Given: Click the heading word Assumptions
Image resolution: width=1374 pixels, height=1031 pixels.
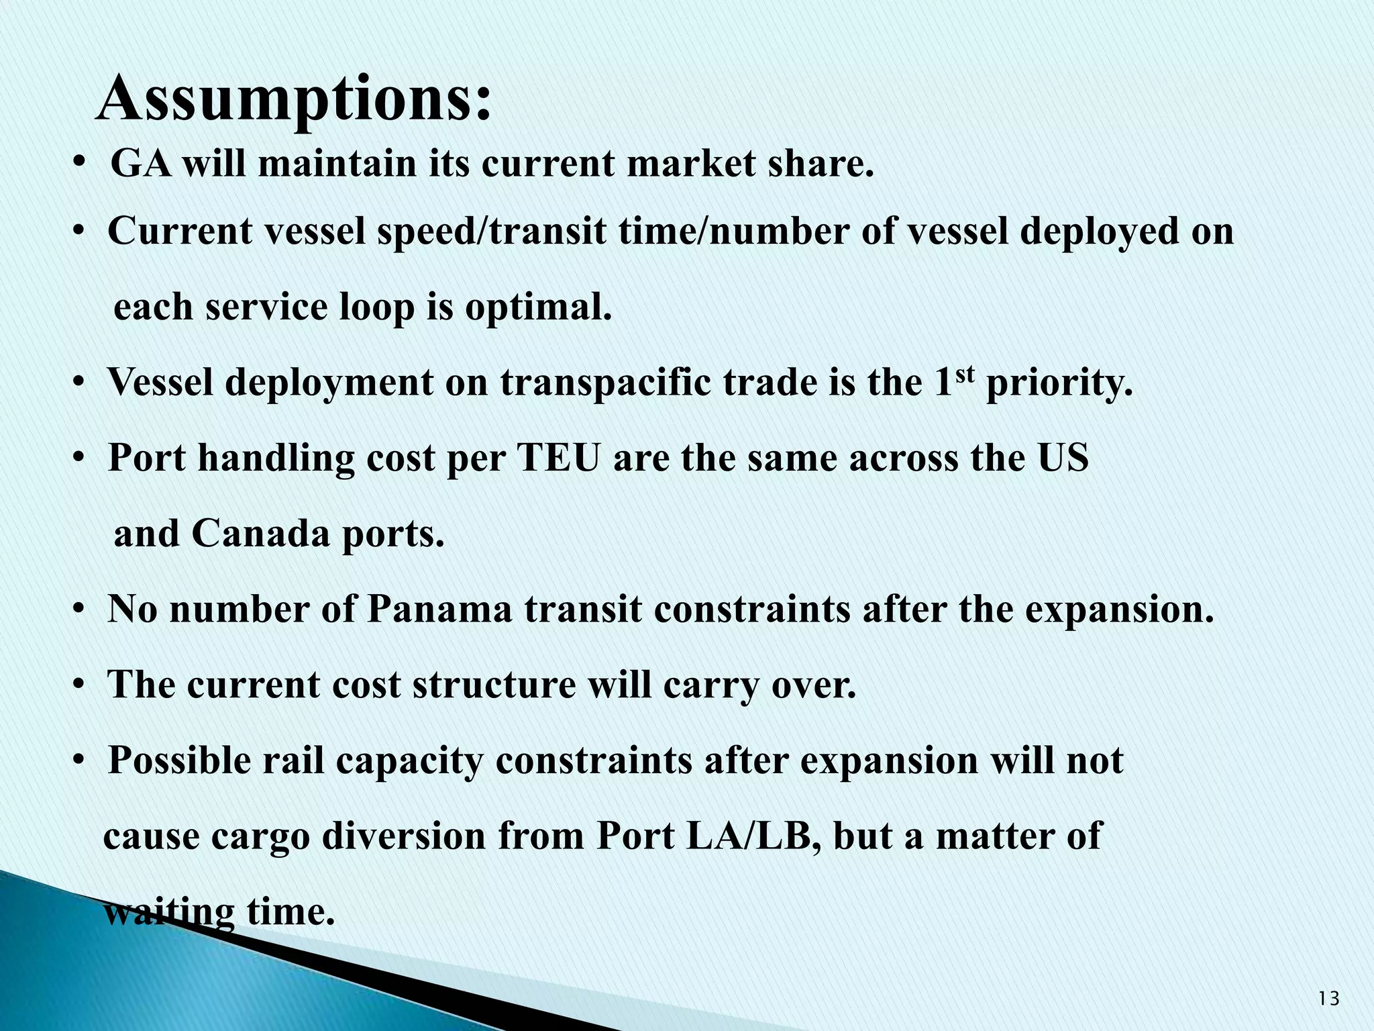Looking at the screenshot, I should (294, 99).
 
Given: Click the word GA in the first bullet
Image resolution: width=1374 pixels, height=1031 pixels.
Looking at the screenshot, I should (140, 164).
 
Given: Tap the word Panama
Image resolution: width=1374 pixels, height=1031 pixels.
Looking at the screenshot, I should (439, 609).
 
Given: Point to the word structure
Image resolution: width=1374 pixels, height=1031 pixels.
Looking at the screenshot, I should (494, 685).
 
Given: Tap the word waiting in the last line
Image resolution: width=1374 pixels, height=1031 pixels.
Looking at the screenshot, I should (170, 912).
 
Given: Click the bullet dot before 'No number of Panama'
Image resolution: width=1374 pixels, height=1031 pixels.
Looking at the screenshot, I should (79, 609).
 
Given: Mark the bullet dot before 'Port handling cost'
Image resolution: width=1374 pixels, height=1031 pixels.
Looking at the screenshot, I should (79, 458).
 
